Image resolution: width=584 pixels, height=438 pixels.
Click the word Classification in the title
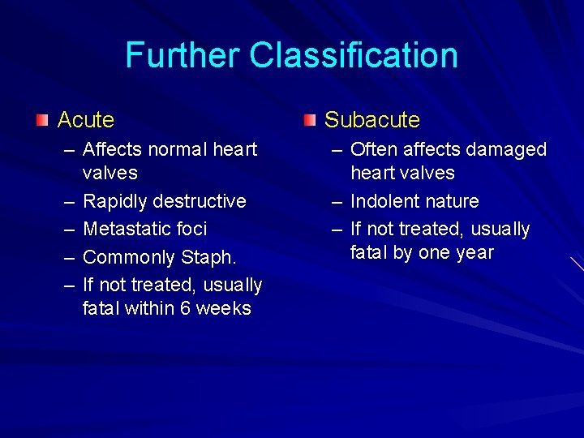pos(354,55)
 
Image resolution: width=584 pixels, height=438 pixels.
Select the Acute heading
pos(86,120)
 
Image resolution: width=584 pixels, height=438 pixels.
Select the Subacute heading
pos(372,120)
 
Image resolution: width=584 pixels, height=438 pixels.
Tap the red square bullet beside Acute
pos(42,120)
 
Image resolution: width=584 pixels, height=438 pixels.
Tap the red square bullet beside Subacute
pos(310,120)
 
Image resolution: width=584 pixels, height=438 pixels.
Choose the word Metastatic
pos(122,230)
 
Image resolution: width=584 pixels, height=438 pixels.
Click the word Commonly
pos(127,258)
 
